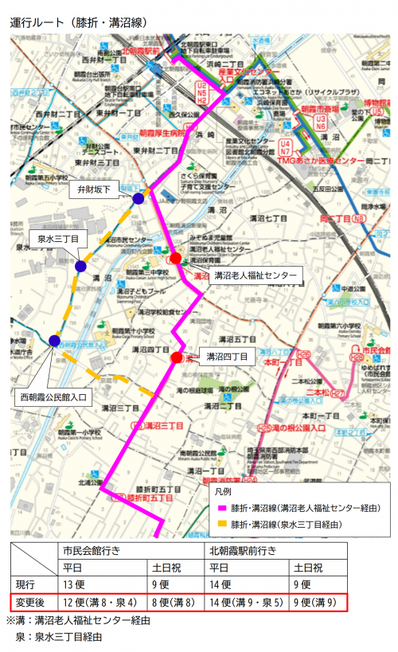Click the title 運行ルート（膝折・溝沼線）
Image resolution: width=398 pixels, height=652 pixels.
point(78,23)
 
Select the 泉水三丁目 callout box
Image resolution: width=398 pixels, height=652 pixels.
point(58,239)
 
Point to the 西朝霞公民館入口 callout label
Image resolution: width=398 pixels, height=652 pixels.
point(53,395)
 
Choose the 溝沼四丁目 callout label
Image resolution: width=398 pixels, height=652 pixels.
point(227,356)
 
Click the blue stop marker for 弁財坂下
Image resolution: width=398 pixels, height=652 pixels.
point(138,198)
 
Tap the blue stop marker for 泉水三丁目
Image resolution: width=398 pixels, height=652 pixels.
point(80,266)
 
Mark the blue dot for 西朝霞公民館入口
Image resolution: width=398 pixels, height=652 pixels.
point(54,341)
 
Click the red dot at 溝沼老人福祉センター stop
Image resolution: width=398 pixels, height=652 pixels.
point(175,258)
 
